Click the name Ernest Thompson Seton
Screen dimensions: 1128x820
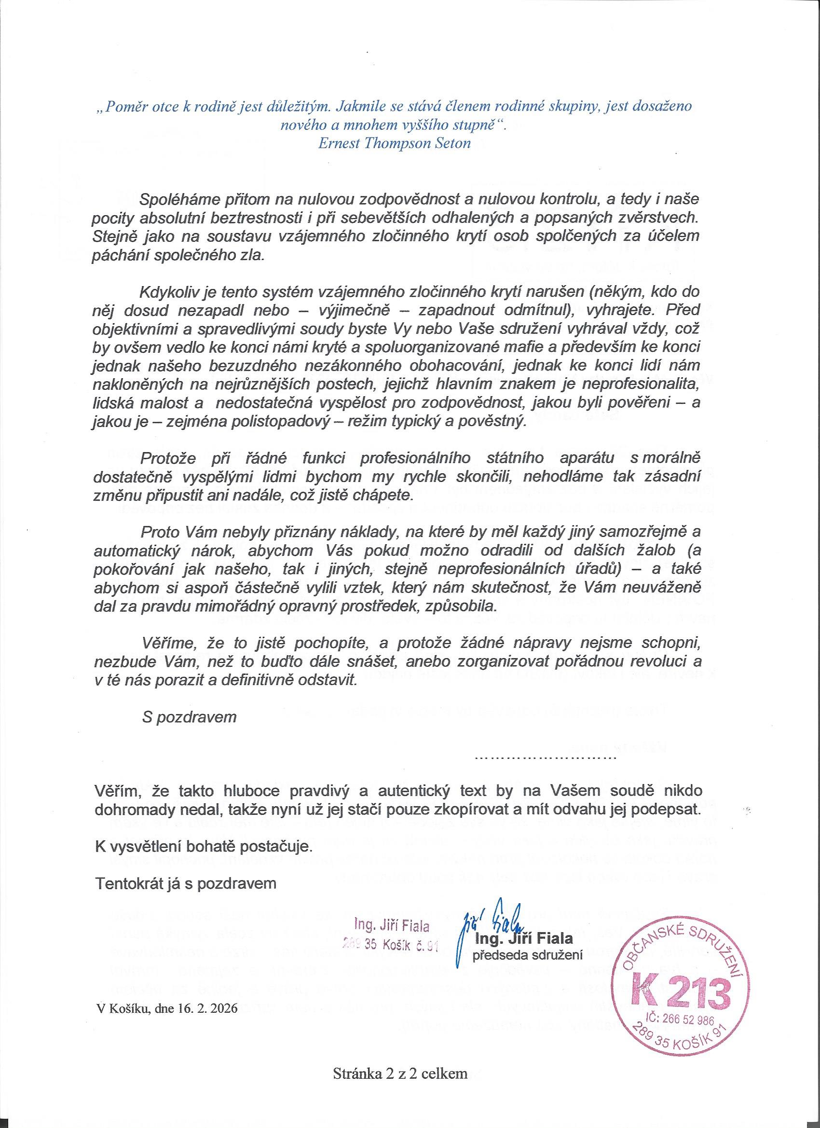pyautogui.click(x=393, y=144)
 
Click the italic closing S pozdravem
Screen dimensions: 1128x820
pyautogui.click(x=189, y=717)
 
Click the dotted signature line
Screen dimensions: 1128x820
pyautogui.click(x=546, y=758)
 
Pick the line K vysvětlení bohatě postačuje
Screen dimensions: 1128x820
pyautogui.click(x=204, y=845)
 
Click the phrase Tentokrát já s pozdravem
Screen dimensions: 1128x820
pyautogui.click(x=185, y=883)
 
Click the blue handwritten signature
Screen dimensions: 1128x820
pyautogui.click(x=490, y=915)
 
